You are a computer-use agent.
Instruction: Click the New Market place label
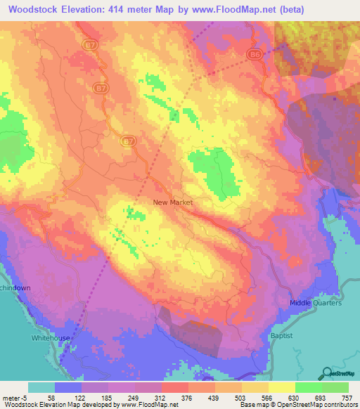172,202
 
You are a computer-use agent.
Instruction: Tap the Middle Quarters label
316,303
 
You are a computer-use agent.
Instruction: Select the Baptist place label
281,337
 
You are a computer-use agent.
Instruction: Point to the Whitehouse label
51,338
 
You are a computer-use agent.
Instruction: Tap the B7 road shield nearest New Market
128,141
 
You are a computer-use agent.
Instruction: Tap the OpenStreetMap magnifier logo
328,372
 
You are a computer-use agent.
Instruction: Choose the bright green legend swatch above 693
309,388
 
